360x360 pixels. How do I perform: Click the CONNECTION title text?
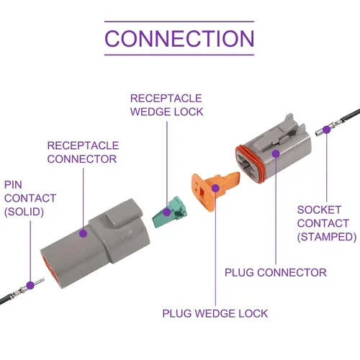[x=179, y=38]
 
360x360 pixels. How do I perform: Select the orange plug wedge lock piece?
[x=215, y=191]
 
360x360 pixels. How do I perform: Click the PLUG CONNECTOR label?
[x=276, y=272]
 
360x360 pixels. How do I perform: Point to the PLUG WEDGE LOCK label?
[x=215, y=313]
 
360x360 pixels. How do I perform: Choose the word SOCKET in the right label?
[x=319, y=210]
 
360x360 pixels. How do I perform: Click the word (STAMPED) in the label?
[x=327, y=237]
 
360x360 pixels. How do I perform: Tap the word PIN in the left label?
[x=13, y=185]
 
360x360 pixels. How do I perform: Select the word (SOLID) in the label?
[x=24, y=212]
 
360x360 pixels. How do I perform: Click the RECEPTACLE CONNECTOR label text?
[x=83, y=152]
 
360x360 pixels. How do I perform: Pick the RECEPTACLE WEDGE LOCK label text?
[x=166, y=105]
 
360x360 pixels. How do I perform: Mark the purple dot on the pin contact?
[x=30, y=285]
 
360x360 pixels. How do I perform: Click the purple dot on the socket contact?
[x=326, y=130]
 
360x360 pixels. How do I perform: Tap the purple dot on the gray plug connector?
[x=276, y=153]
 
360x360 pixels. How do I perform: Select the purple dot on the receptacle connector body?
[x=83, y=233]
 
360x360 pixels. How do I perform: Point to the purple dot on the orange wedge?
[x=215, y=188]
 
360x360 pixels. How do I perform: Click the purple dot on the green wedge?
[x=167, y=212]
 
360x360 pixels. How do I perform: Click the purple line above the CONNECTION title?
[x=179, y=22]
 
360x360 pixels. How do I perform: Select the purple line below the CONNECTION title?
[x=179, y=55]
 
